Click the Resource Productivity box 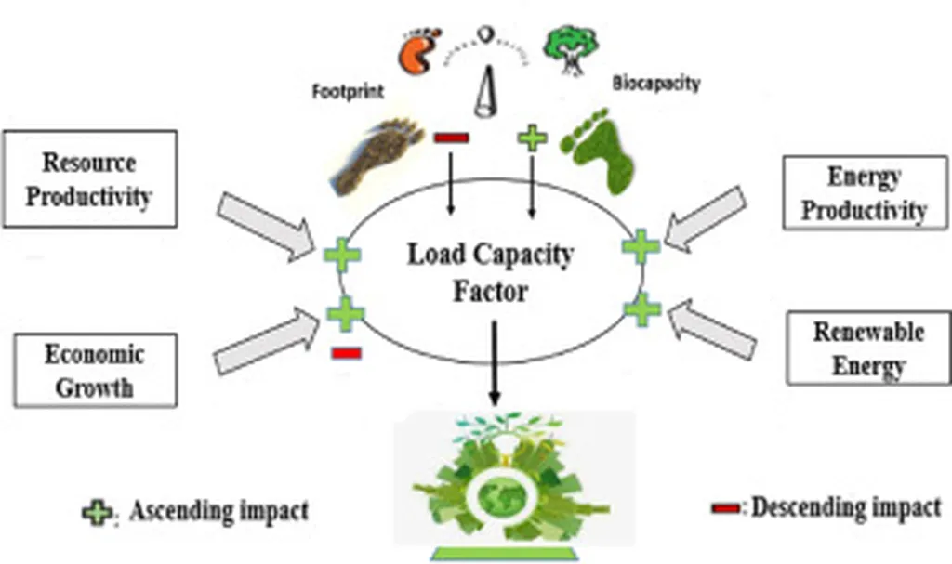(89, 178)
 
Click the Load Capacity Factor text (491, 271)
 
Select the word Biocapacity (655, 84)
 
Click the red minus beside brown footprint (452, 138)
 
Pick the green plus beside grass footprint (532, 139)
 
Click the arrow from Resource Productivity (263, 224)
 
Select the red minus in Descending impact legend (727, 508)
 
